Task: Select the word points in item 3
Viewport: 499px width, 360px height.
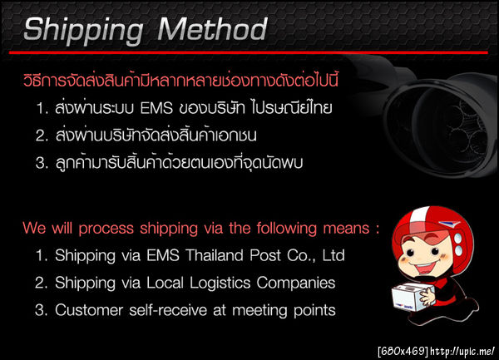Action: point(313,310)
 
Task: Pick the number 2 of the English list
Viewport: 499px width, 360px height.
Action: point(41,283)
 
